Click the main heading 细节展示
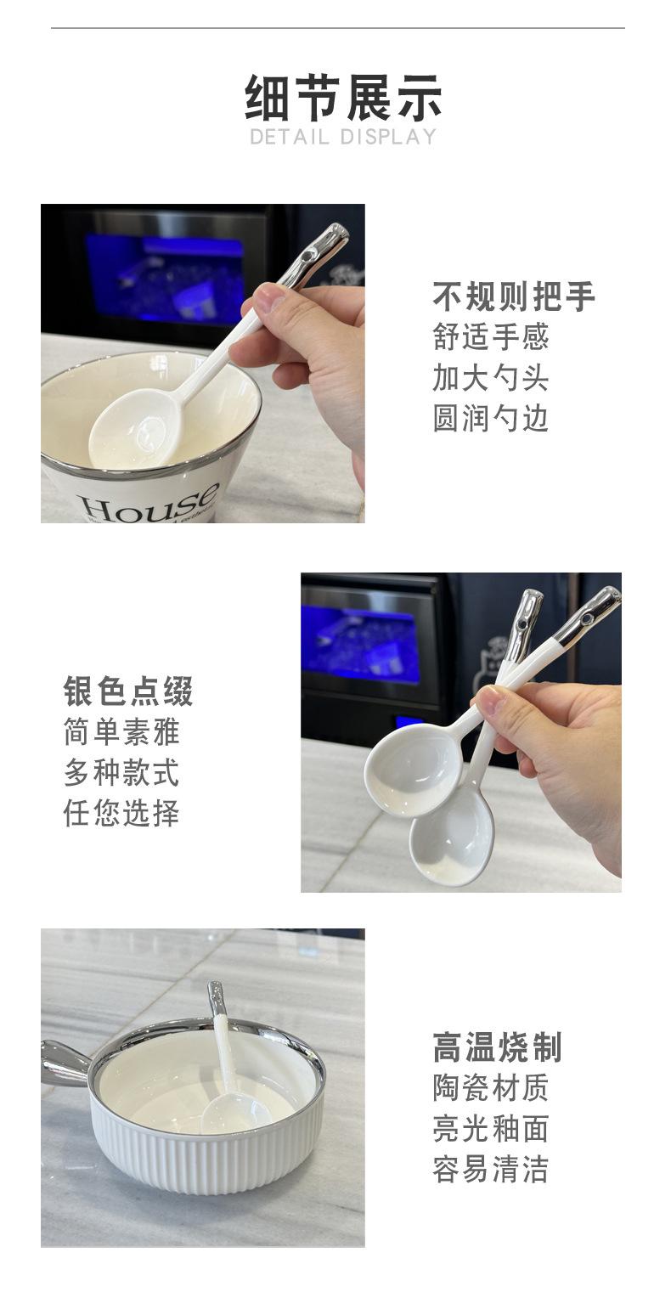click(343, 98)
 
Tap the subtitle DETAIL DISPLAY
click(343, 138)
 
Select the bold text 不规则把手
click(514, 296)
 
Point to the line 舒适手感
click(490, 337)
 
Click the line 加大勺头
click(490, 378)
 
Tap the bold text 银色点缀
click(128, 691)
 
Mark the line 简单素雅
click(121, 732)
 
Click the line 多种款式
click(121, 772)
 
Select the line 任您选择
click(121, 813)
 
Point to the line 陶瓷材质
click(490, 1088)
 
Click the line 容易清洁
click(490, 1170)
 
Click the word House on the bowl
click(151, 503)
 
